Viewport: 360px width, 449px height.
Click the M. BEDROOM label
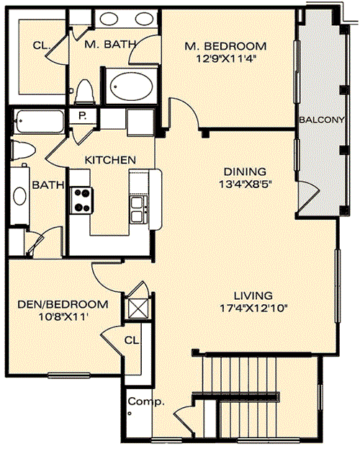pos(225,46)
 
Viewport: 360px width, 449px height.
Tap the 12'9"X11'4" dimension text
pos(225,59)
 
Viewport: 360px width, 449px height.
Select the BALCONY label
pos(322,120)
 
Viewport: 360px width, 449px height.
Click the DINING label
pos(245,172)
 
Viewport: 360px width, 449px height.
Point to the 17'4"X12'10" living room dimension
pos(253,308)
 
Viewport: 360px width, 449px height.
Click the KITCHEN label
pos(110,160)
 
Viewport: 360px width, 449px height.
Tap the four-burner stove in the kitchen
pos(82,200)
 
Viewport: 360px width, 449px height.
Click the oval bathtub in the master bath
pos(131,86)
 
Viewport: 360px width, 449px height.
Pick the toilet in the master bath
pos(85,92)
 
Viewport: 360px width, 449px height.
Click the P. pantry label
pos(83,116)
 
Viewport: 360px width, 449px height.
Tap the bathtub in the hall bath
pos(39,121)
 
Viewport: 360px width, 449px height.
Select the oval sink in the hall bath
pos(20,196)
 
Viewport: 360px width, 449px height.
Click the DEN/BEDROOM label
pos(63,304)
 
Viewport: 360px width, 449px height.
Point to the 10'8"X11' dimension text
pos(63,317)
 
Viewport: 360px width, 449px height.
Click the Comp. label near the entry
pos(146,401)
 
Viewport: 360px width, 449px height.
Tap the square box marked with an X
pos(138,308)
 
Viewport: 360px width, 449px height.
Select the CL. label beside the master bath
pos(42,45)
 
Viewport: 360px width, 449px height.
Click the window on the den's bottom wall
pos(68,375)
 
